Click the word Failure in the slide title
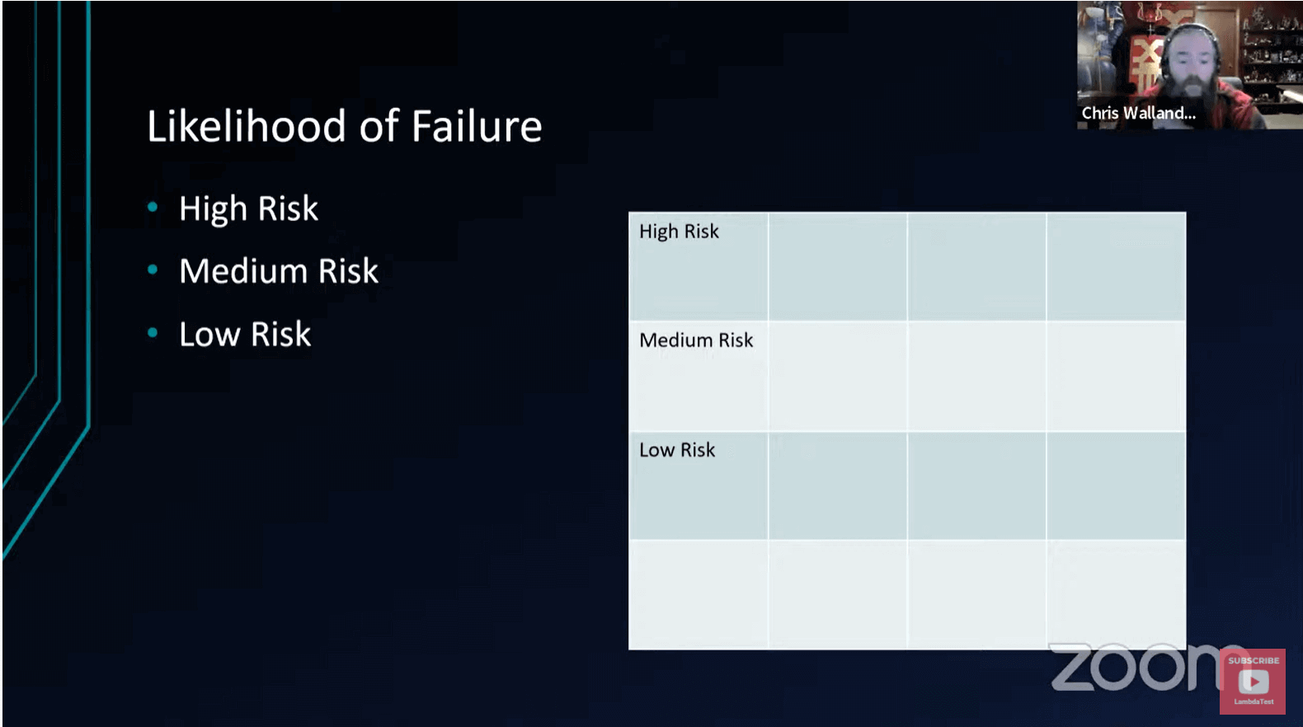[476, 127]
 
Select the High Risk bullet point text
[248, 209]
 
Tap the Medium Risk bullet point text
[279, 272]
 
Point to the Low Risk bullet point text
[245, 335]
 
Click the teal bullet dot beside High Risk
[153, 208]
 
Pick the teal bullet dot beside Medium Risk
[153, 270]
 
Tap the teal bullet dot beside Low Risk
[153, 333]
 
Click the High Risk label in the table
[679, 232]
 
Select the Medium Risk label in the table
[696, 340]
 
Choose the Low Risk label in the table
[677, 450]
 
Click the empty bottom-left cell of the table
[699, 594]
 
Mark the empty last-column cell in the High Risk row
[1116, 266]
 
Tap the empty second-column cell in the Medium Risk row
[837, 376]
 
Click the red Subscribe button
[1253, 681]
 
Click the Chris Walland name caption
[1138, 114]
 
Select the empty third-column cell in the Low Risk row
[976, 485]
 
